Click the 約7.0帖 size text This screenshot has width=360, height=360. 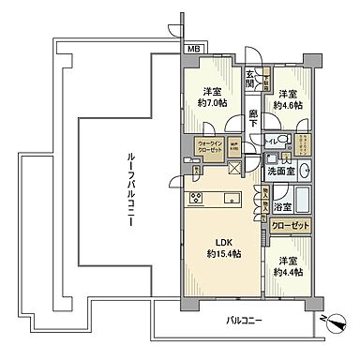pyautogui.click(x=212, y=106)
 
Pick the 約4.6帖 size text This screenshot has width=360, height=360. pyautogui.click(x=289, y=106)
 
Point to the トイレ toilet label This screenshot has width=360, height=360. pyautogui.click(x=271, y=142)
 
